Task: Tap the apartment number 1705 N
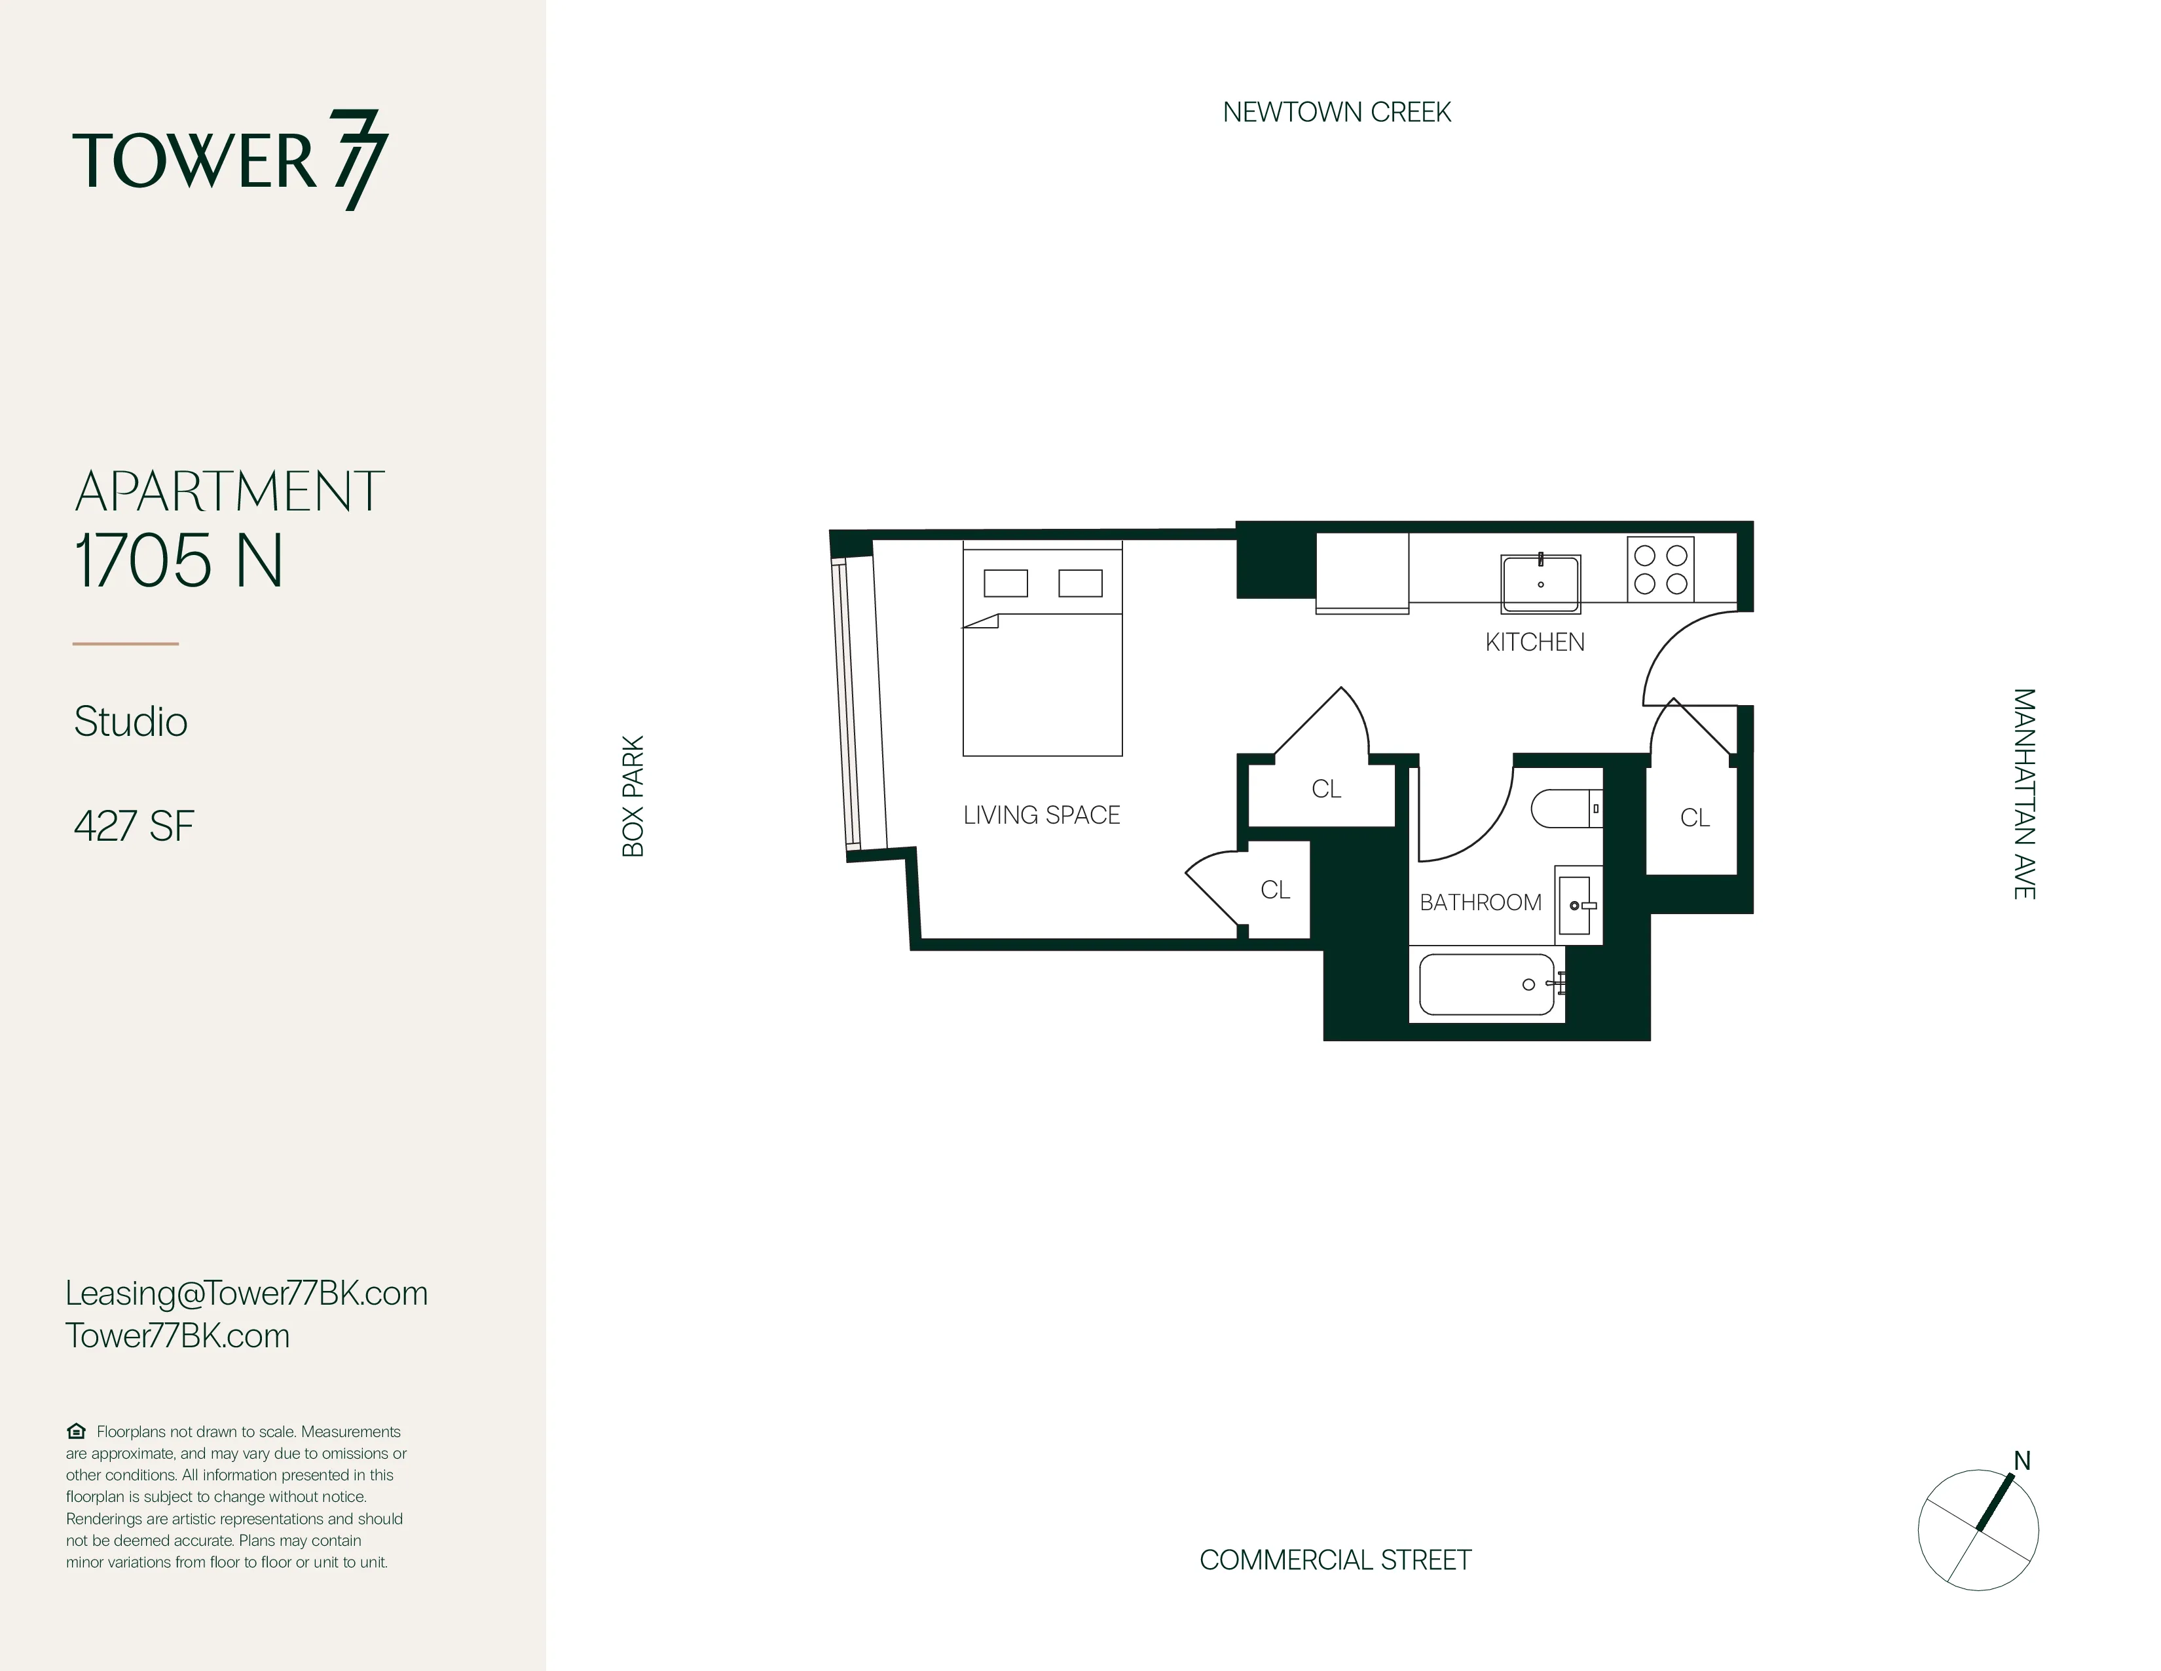pyautogui.click(x=179, y=560)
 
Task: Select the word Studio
pyautogui.click(x=130, y=721)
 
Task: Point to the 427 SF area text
pyautogui.click(x=134, y=826)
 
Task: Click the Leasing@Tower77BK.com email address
pyautogui.click(x=246, y=1293)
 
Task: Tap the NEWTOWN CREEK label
pyautogui.click(x=1336, y=113)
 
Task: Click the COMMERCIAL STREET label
pyautogui.click(x=1335, y=1560)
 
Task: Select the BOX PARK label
pyautogui.click(x=633, y=796)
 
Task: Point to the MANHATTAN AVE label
pyautogui.click(x=2023, y=794)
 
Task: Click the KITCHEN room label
pyautogui.click(x=1535, y=642)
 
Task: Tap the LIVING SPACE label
pyautogui.click(x=1041, y=815)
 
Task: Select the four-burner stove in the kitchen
pyautogui.click(x=1660, y=569)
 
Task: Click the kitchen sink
pyautogui.click(x=1541, y=584)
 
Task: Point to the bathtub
pyautogui.click(x=1487, y=984)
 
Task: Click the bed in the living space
pyautogui.click(x=1042, y=651)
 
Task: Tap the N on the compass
pyautogui.click(x=2022, y=1461)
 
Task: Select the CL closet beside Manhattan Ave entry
pyautogui.click(x=1694, y=818)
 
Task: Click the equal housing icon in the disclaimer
pyautogui.click(x=76, y=1431)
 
